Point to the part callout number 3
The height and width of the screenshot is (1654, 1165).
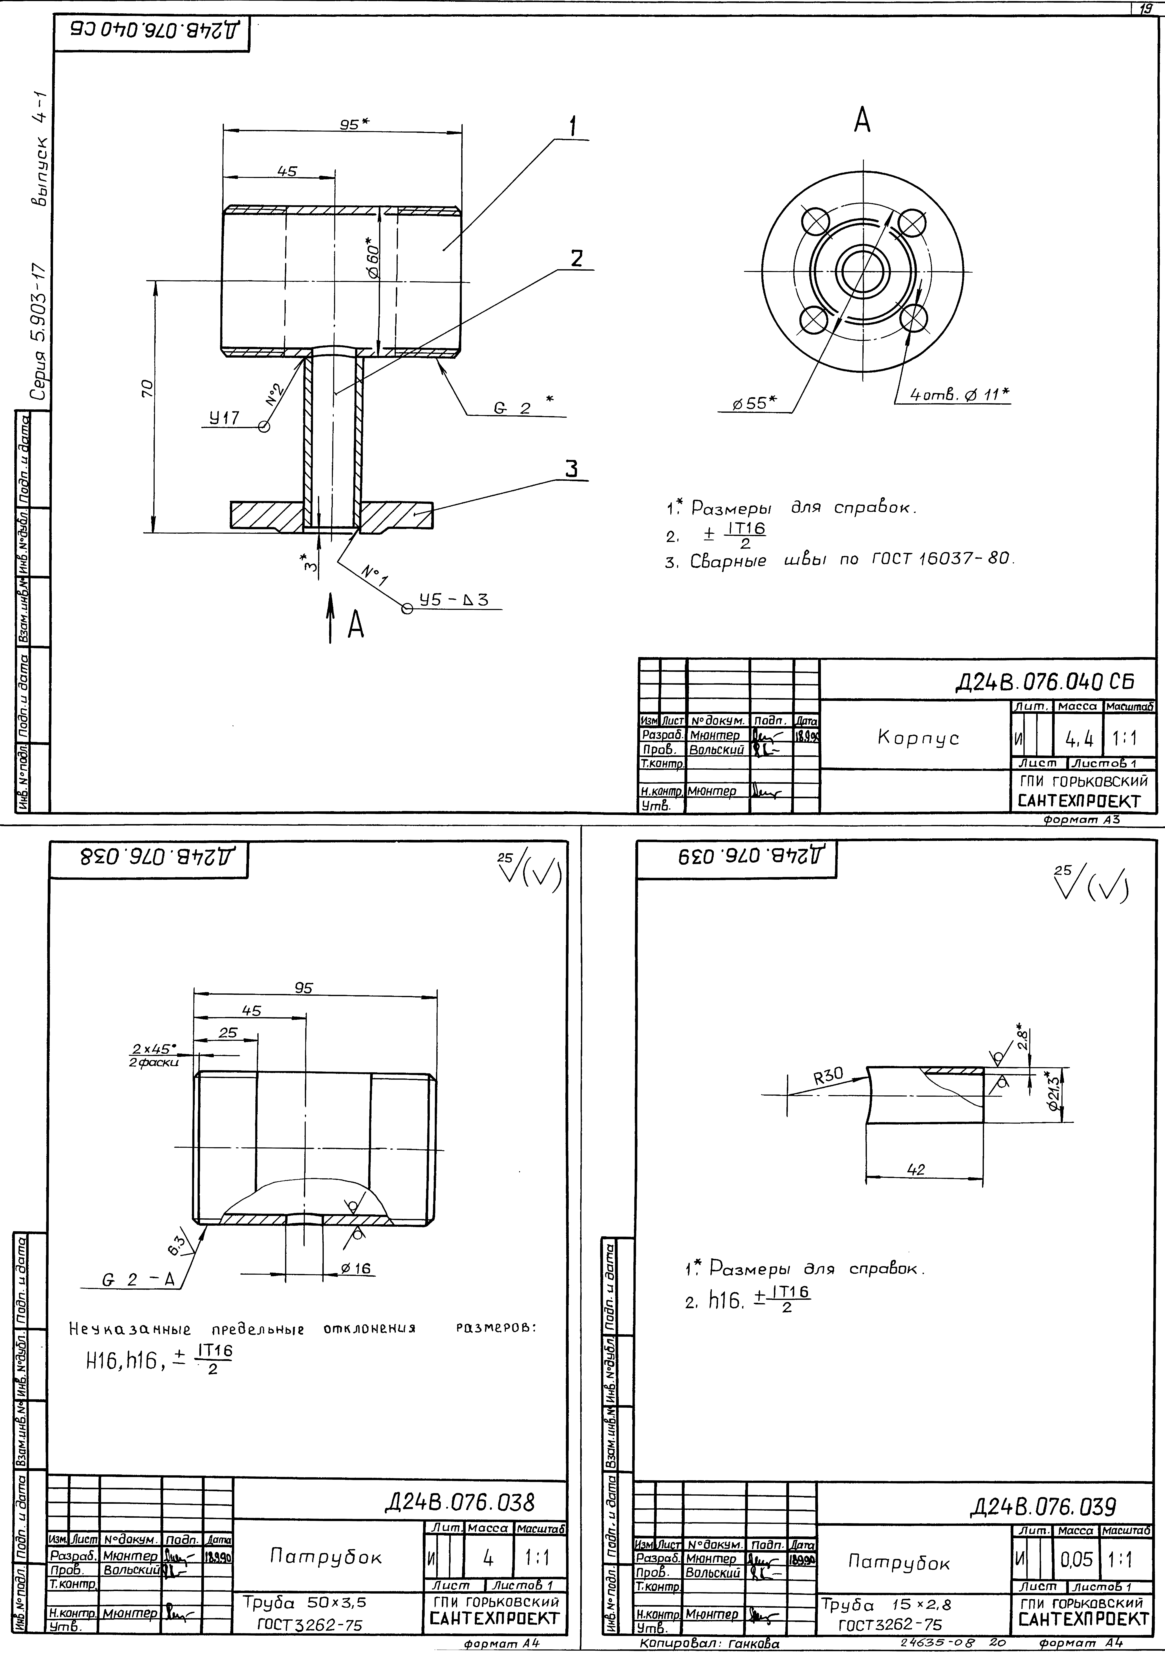(x=571, y=469)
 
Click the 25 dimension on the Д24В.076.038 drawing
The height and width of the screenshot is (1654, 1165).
(x=227, y=1032)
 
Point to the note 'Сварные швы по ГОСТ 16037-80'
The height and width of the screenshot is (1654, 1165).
(x=839, y=560)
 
